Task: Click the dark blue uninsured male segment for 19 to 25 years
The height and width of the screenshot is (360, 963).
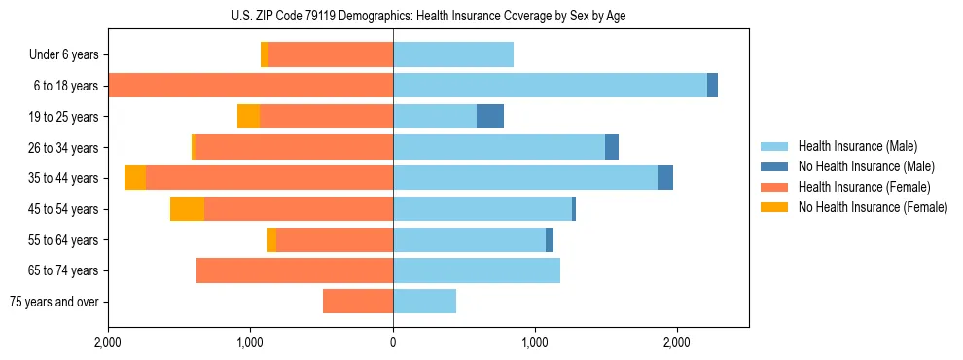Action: coord(490,117)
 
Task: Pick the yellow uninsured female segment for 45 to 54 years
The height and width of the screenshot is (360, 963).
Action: coord(187,209)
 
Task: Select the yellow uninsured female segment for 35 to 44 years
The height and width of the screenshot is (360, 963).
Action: coord(135,178)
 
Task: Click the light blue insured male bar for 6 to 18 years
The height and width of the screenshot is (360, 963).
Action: coord(550,86)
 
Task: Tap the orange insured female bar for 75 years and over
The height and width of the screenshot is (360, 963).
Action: coord(358,302)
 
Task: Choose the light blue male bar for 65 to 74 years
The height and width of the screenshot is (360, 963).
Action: coord(477,270)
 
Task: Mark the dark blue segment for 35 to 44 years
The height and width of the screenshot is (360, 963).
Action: coord(665,178)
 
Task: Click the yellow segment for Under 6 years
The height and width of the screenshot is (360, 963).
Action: coord(265,55)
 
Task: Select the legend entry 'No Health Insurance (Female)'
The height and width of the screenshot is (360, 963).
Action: coord(873,207)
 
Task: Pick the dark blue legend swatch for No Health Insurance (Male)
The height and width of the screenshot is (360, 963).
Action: coord(774,167)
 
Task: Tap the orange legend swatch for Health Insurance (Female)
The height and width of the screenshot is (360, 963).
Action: coord(774,187)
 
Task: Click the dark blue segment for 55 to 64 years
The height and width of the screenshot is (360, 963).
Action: coord(550,240)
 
